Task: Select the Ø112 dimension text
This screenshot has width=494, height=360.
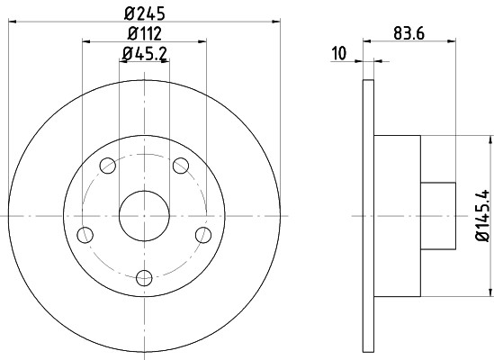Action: click(x=143, y=34)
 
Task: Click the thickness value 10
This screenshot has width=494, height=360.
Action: click(x=339, y=54)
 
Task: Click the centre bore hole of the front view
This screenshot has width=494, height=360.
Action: click(x=143, y=215)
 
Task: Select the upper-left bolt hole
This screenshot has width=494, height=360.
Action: click(x=107, y=165)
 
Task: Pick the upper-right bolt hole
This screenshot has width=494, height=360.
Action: click(x=180, y=165)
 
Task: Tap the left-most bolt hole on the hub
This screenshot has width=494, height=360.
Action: click(x=85, y=235)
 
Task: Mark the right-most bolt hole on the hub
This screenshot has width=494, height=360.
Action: click(x=202, y=235)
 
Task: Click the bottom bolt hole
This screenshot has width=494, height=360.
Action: click(x=143, y=278)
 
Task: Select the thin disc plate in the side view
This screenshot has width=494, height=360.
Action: click(x=368, y=216)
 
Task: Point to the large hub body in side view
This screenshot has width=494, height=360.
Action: click(x=397, y=216)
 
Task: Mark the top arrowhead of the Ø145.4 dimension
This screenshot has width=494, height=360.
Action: click(x=491, y=139)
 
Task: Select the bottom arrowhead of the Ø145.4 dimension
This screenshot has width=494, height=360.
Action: click(x=491, y=292)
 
